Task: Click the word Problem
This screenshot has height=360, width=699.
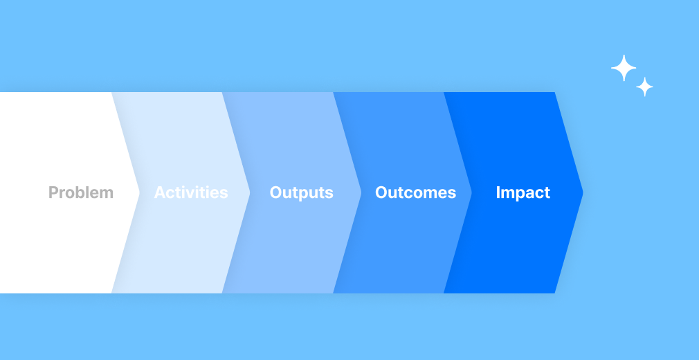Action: coord(81,192)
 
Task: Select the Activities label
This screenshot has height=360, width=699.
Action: coord(191,192)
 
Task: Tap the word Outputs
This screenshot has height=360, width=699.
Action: coord(301,192)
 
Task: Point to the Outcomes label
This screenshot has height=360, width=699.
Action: coord(415,192)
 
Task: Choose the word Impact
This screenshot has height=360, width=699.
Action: coord(523,192)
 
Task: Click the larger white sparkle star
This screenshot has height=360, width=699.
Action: coord(624,68)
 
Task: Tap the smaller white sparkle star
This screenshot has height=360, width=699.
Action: coord(644,87)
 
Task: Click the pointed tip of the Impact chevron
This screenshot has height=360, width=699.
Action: coord(583,192)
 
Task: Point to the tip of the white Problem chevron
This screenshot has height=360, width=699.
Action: coord(140,192)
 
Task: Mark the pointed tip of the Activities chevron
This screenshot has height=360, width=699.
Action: coord(250,192)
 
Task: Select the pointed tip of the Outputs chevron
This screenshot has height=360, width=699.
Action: coord(361,192)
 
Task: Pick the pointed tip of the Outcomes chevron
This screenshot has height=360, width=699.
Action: coord(471,192)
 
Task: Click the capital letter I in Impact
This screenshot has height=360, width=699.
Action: coord(498,192)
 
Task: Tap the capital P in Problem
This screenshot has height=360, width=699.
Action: coord(53,192)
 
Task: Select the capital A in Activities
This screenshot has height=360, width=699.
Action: coord(160,192)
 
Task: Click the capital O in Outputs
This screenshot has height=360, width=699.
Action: coord(276,192)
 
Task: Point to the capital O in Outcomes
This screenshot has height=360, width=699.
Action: coord(381,192)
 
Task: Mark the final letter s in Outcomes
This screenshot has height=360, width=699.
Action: coord(452,195)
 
